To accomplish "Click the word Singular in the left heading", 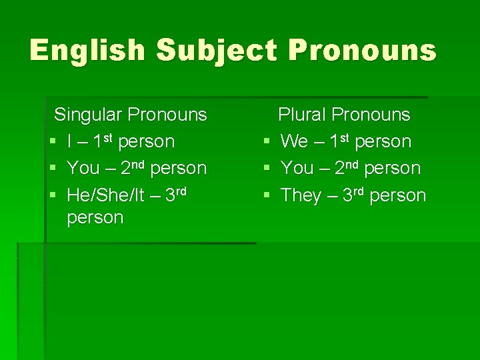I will coord(87,115).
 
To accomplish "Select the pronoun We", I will coord(294,141).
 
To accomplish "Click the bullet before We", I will coord(266,142).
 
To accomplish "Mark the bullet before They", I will coord(266,196).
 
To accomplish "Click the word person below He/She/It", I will coord(95,218).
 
